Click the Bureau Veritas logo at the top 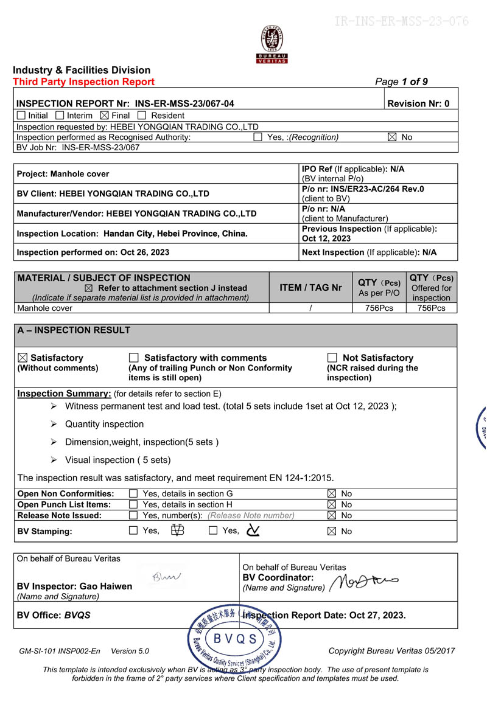point(272,44)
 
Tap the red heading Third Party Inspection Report point(83,82)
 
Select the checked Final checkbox point(104,116)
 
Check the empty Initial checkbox point(21,116)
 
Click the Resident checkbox point(142,116)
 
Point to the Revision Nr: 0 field point(418,103)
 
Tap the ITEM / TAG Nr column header point(310,288)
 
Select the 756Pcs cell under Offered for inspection point(431,308)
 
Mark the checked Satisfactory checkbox point(22,358)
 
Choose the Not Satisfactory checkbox point(332,358)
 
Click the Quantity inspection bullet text point(104,424)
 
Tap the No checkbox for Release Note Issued point(332,515)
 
